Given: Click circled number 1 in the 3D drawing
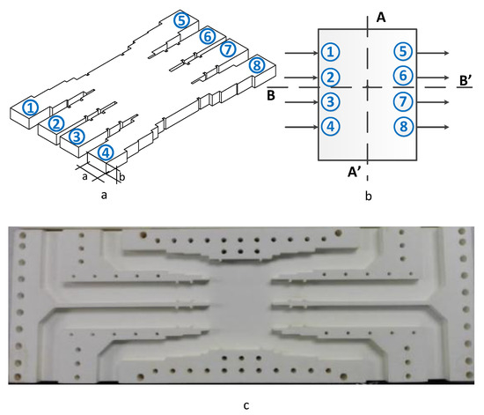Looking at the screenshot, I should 31,107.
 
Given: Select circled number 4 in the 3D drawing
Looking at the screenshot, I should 106,152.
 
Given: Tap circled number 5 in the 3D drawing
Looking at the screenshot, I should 180,19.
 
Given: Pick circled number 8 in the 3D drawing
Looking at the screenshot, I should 256,66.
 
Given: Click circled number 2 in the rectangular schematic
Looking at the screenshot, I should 327,77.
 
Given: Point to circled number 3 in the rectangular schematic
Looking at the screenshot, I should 327,101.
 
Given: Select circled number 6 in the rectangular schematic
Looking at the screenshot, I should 402,77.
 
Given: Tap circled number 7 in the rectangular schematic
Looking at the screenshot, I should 402,101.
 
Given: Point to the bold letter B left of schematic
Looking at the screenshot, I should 272,93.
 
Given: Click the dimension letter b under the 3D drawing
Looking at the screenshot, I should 122,176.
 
